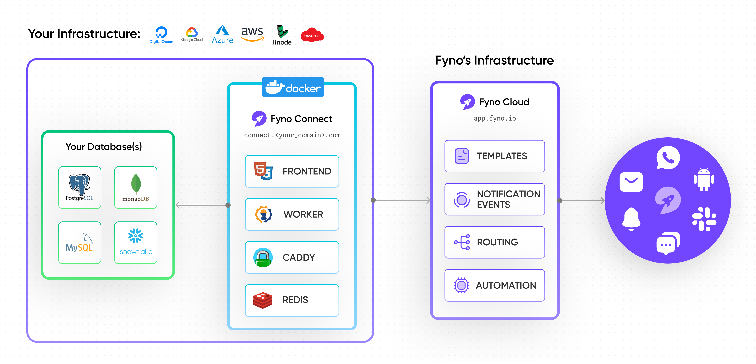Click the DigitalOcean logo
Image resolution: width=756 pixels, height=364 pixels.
(161, 35)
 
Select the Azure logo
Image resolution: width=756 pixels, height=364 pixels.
(222, 35)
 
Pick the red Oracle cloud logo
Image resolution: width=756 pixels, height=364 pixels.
(312, 35)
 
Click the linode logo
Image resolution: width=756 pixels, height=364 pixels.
(282, 35)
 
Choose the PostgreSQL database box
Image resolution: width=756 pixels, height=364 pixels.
(79, 187)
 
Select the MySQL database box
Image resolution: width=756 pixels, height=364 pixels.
(79, 243)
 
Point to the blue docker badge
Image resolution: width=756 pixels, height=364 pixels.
(293, 87)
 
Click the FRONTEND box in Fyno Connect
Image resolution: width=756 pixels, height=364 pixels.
(292, 171)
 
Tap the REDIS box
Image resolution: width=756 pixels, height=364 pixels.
(292, 300)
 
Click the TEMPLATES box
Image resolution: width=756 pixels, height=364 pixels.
(495, 156)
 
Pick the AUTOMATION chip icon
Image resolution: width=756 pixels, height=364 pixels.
(461, 285)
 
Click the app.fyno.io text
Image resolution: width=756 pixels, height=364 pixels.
(495, 118)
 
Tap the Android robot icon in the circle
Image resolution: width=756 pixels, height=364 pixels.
(704, 179)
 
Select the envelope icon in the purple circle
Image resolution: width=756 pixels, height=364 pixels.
(631, 182)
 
